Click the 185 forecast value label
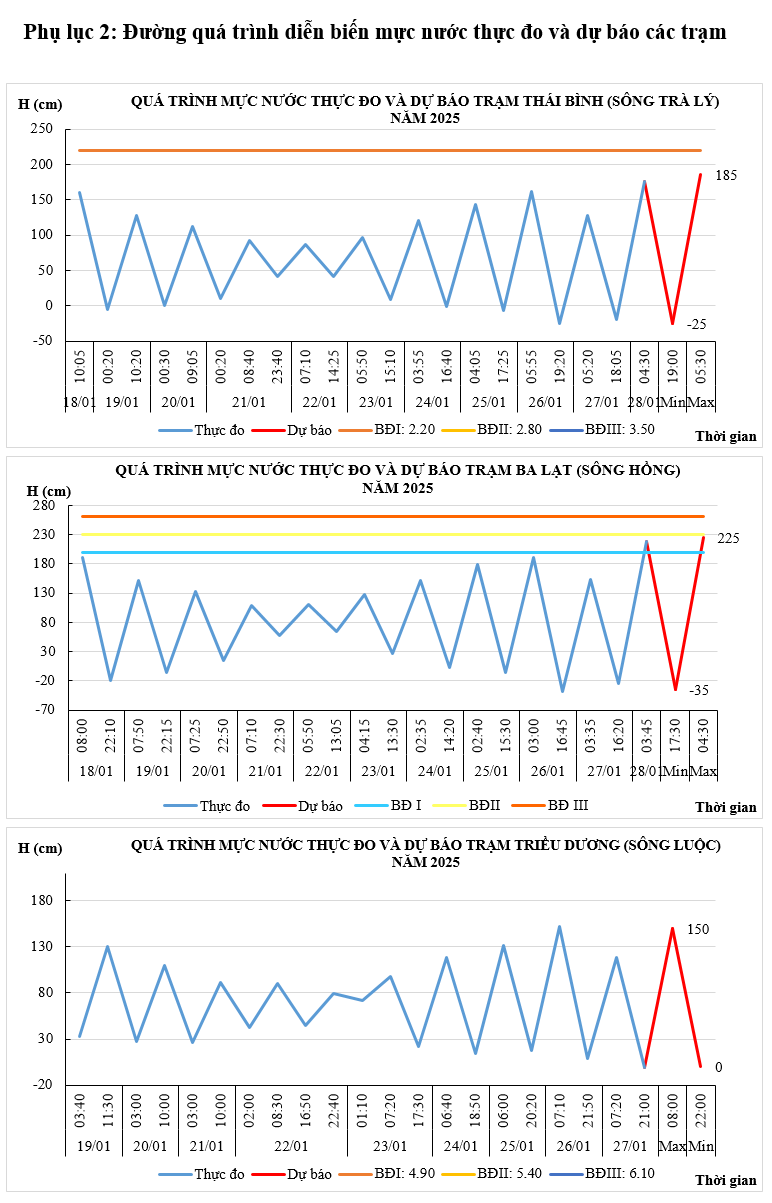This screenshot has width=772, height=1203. click(726, 176)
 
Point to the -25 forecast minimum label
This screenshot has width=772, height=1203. click(696, 324)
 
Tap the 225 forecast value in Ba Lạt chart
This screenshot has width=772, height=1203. click(728, 539)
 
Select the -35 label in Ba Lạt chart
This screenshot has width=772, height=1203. click(698, 690)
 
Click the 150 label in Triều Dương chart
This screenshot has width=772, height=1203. click(698, 929)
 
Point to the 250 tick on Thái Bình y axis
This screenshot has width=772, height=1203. click(41, 129)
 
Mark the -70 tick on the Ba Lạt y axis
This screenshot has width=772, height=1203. click(43, 710)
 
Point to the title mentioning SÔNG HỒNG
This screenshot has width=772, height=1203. click(397, 469)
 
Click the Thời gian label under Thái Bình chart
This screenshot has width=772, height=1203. click(726, 437)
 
